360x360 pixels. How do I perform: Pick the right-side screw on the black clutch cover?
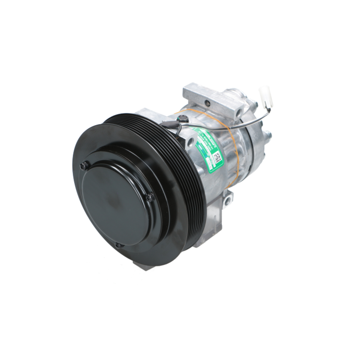150,197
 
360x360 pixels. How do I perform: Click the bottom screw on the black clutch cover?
118,246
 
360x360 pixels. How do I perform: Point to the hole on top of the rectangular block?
207,104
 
